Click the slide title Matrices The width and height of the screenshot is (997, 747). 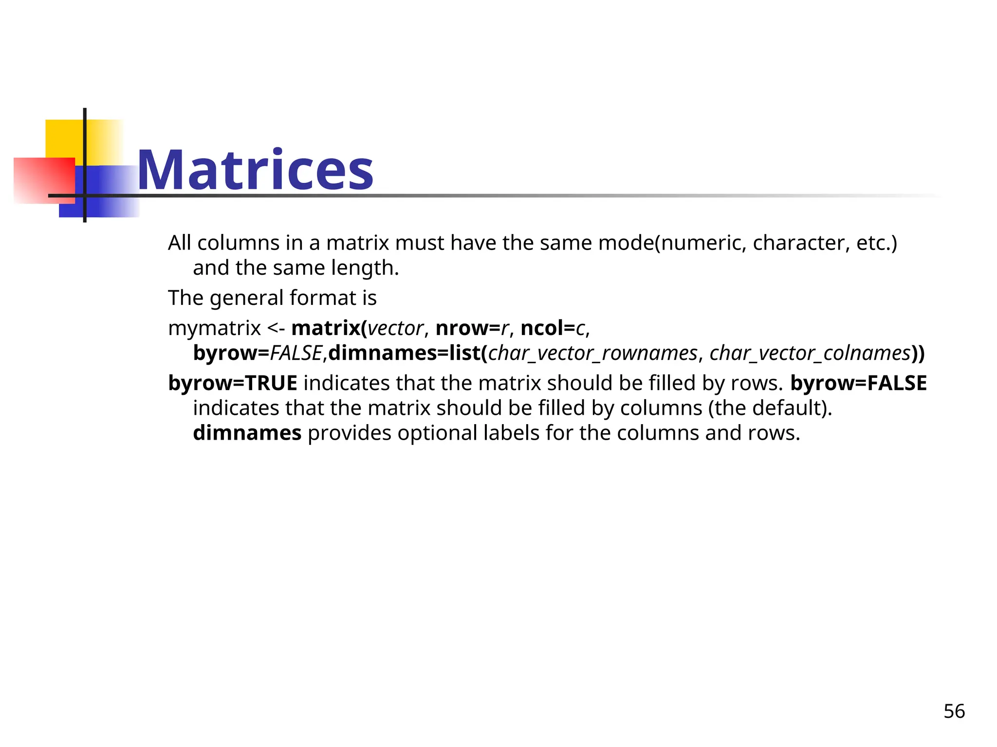coord(255,170)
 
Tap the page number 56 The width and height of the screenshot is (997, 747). coord(954,711)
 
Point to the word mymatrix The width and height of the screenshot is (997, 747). coord(214,328)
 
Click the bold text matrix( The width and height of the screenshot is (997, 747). coord(329,328)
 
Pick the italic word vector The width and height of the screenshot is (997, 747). coord(395,328)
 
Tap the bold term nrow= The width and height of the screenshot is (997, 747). coord(468,328)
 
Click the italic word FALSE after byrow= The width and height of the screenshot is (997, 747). coord(296,353)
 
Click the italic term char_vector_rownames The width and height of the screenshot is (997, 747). coord(593,353)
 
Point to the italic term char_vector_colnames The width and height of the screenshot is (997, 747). coord(810,353)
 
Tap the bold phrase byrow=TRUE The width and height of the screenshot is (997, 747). coord(233,383)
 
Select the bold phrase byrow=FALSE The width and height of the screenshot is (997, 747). coord(858,383)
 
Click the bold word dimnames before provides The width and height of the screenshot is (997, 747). coord(247,433)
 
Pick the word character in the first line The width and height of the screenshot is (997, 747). coord(798,243)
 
